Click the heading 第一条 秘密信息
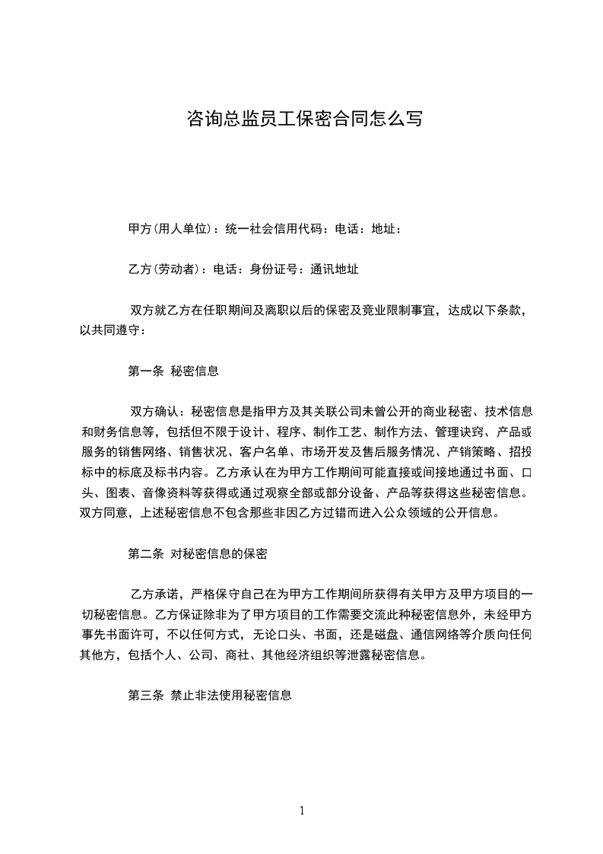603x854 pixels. point(173,371)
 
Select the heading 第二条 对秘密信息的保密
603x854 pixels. point(198,554)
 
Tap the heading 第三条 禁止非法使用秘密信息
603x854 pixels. point(210,696)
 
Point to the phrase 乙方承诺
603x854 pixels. point(154,594)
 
